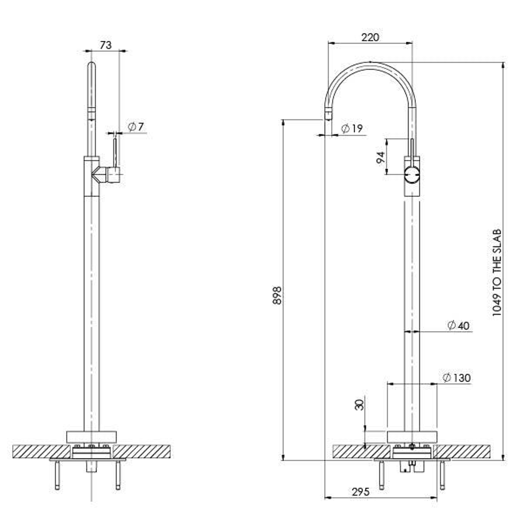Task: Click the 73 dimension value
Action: (106, 45)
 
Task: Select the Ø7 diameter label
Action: (136, 127)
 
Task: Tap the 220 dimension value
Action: (370, 37)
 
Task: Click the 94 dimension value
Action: (381, 157)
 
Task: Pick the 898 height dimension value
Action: (277, 296)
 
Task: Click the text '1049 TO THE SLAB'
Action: (497, 272)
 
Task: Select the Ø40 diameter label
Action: (458, 326)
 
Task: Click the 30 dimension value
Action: (359, 404)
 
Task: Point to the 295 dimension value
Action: (360, 492)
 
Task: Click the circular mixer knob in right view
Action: (412, 176)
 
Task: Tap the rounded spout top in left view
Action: (91, 67)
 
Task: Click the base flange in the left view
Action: (91, 437)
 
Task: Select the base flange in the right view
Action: (412, 437)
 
